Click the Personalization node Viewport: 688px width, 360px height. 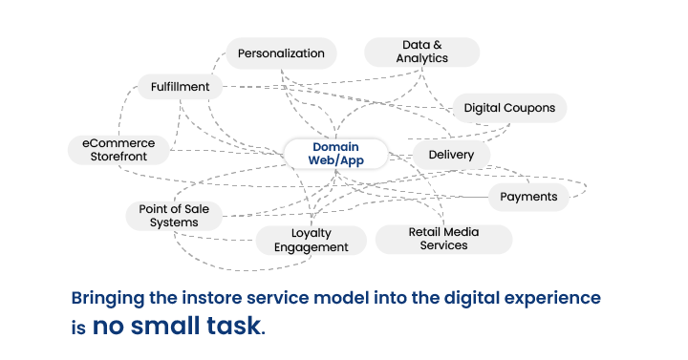coord(281,53)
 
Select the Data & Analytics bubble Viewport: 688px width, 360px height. coord(422,52)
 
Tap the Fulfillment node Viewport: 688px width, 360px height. coord(180,87)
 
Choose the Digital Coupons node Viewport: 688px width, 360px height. coord(509,108)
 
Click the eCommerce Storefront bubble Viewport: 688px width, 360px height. coord(118,150)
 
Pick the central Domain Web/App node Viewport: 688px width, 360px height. coord(335,154)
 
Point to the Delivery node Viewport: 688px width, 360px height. coord(451,154)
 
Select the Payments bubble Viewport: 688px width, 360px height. coord(528,197)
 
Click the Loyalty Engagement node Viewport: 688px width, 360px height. coord(312,240)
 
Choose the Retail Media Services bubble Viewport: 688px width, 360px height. coord(443,239)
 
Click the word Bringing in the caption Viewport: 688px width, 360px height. coord(108,298)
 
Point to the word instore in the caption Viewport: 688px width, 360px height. coord(212,298)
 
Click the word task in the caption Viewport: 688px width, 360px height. coord(235,327)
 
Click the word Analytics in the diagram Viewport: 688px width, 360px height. coord(422,58)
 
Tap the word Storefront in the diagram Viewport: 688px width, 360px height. coord(118,157)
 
